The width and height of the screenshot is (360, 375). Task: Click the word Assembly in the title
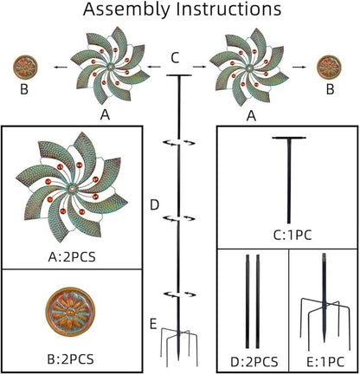(x=126, y=10)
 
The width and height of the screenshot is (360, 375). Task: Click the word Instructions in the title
(x=228, y=9)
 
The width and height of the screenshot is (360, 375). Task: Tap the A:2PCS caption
(x=72, y=256)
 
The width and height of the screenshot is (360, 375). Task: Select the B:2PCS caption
(x=71, y=359)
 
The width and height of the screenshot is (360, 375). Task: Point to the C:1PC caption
(x=292, y=236)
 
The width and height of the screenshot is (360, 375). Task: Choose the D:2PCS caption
(x=254, y=361)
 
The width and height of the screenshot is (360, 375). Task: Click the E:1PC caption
(x=325, y=361)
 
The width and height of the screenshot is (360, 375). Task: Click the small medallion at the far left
(x=25, y=68)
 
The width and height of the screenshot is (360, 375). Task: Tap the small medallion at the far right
(x=329, y=67)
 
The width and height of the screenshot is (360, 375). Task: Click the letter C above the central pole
(x=175, y=58)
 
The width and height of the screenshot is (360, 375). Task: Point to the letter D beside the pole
(x=155, y=205)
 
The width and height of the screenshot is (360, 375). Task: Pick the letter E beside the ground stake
(x=153, y=324)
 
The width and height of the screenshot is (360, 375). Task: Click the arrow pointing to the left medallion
(x=61, y=68)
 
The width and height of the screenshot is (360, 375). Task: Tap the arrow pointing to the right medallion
(x=299, y=67)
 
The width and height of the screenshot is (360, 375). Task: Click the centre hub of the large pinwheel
(x=72, y=189)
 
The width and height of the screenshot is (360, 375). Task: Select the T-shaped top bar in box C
(x=289, y=138)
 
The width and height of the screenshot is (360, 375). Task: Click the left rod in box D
(x=247, y=301)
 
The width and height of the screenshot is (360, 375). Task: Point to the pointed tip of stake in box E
(x=325, y=341)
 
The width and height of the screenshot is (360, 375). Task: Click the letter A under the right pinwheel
(x=252, y=116)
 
